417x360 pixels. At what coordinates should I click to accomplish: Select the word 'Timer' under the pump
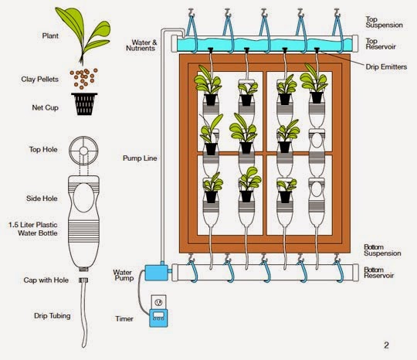pyautogui.click(x=123, y=318)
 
